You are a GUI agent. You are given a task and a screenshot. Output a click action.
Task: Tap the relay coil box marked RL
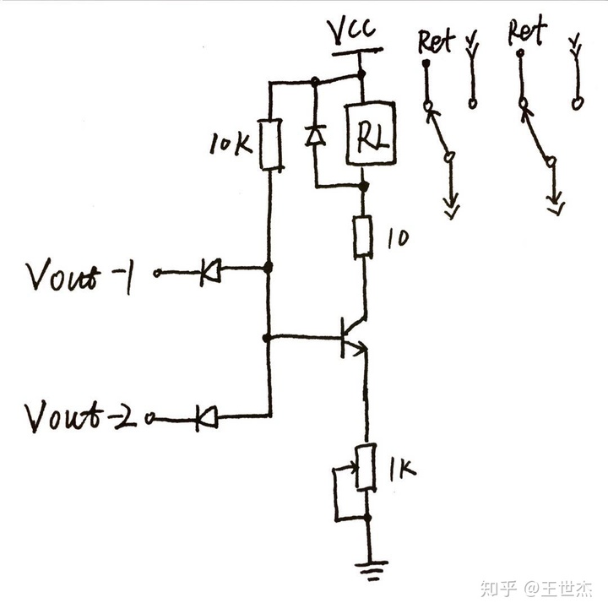[x=371, y=133]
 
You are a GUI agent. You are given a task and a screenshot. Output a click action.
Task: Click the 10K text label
[x=230, y=144]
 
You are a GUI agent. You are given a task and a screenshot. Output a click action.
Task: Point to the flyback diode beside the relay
[x=315, y=135]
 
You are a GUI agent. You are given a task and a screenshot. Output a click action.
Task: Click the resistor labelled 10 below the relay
[x=364, y=236]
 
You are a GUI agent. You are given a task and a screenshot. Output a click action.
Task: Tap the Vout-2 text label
[x=80, y=416]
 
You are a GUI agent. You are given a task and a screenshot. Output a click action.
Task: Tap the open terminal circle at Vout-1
[x=156, y=273]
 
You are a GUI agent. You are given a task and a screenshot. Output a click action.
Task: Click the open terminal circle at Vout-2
[x=151, y=417]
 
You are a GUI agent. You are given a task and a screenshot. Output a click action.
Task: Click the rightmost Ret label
[x=527, y=33]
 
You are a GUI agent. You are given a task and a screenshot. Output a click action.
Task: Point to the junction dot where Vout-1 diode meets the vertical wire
[x=269, y=269]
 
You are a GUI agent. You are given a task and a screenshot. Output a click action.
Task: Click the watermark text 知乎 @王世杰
[x=535, y=587]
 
